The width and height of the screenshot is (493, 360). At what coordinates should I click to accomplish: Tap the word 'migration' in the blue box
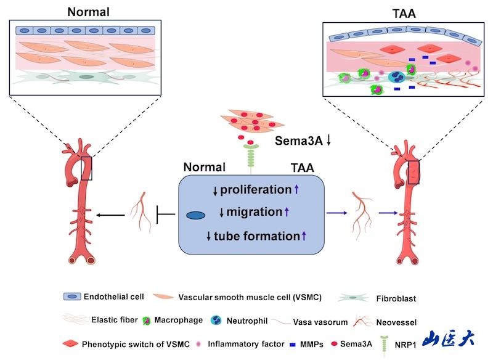pyautogui.click(x=253, y=212)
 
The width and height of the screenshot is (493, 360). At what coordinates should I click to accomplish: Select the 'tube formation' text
pyautogui.click(x=256, y=235)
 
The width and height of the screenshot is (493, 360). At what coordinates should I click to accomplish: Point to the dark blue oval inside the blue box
pyautogui.click(x=195, y=215)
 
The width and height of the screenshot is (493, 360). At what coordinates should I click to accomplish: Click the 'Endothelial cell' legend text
pyautogui.click(x=113, y=297)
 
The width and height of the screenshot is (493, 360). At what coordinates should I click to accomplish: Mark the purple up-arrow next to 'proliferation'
pyautogui.click(x=296, y=190)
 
